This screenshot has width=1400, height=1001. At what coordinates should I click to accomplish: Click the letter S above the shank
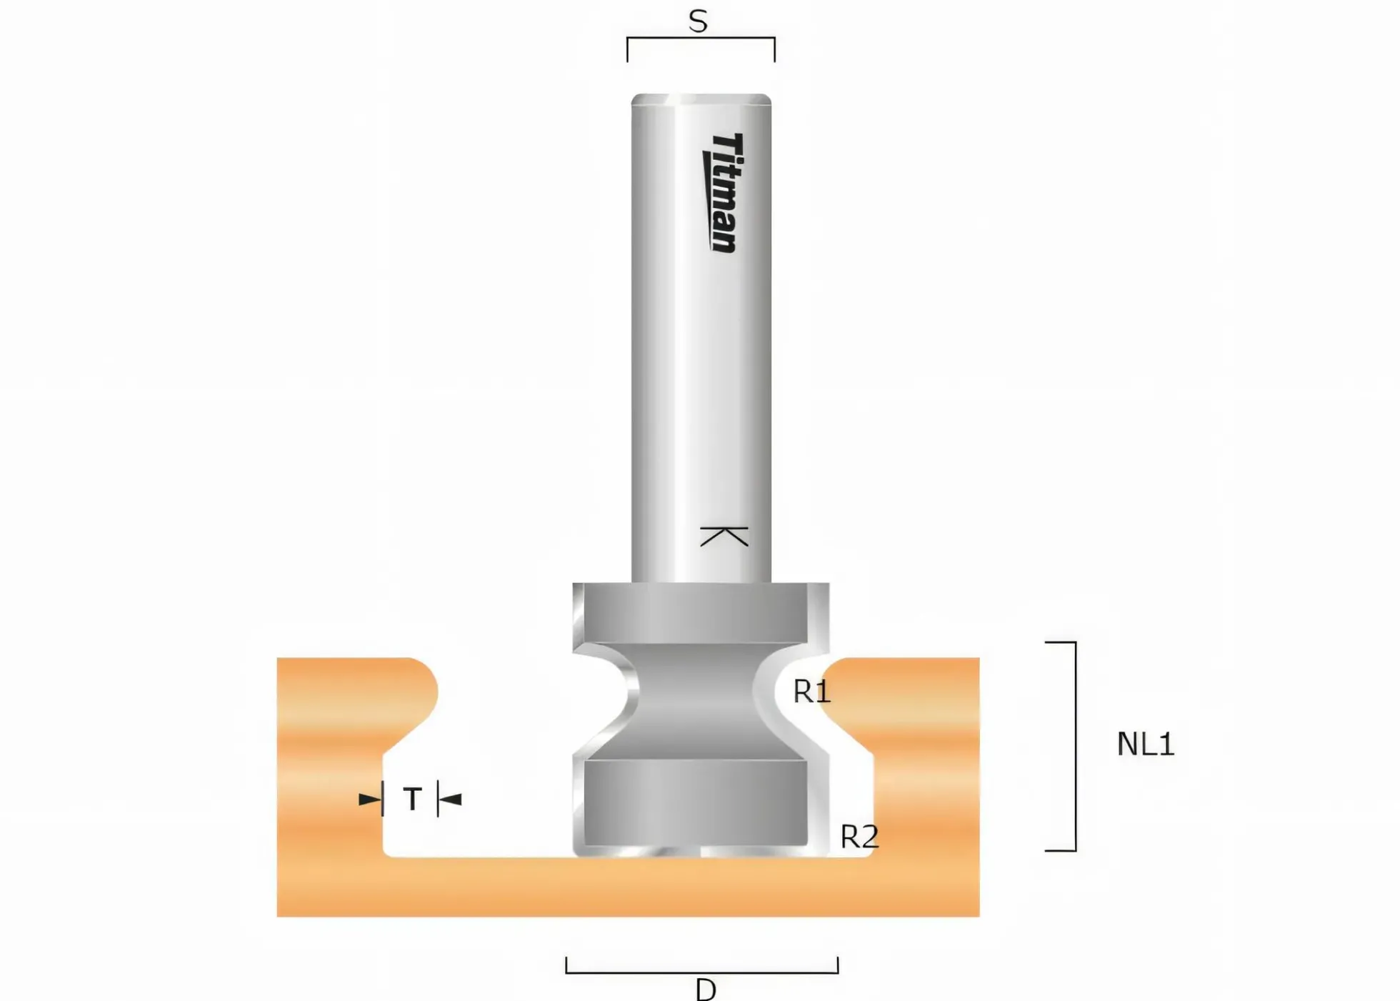(x=698, y=21)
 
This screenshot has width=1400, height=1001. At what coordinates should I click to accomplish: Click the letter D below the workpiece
(x=706, y=990)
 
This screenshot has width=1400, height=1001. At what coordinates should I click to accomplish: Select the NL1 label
(x=1145, y=744)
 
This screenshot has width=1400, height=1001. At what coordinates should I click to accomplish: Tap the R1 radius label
(x=812, y=692)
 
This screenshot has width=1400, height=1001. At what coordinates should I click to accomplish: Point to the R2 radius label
(x=859, y=837)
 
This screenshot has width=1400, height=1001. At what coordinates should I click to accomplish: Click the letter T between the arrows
(x=412, y=799)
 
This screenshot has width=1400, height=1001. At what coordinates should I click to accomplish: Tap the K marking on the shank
(x=724, y=537)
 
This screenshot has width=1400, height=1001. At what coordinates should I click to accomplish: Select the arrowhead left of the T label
(x=370, y=799)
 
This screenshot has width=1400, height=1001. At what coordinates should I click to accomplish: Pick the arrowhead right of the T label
(x=450, y=799)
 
